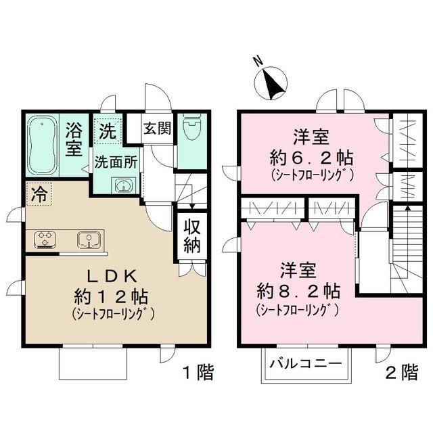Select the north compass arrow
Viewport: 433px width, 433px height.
(272, 84)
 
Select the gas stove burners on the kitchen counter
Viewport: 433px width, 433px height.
(45, 239)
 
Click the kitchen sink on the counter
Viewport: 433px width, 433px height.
(89, 239)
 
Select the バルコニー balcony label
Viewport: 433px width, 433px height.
(306, 363)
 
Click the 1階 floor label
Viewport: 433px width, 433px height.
(198, 371)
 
